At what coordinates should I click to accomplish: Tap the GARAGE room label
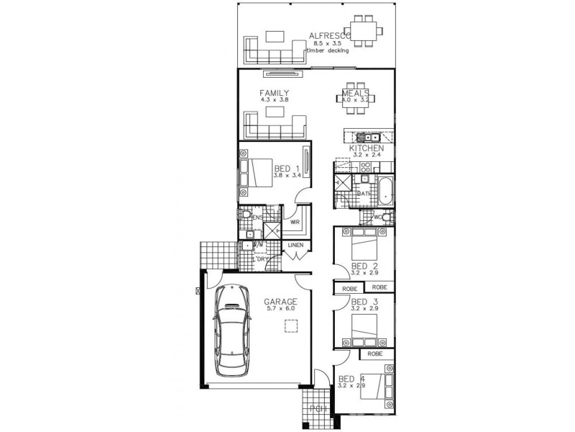[x=279, y=301]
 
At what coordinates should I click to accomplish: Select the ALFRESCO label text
[x=329, y=35]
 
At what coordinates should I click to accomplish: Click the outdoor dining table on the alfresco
[x=363, y=30]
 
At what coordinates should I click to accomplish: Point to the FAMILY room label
[x=275, y=92]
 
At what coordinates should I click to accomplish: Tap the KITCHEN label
[x=366, y=148]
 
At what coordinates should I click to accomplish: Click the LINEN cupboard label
[x=296, y=246]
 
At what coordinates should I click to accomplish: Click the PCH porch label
[x=318, y=409]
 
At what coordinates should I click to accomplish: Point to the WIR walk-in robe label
[x=295, y=222]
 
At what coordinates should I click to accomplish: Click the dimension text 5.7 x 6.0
[x=279, y=309]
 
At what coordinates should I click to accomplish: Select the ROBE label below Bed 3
[x=374, y=354]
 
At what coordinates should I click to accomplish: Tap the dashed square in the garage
[x=290, y=326]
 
